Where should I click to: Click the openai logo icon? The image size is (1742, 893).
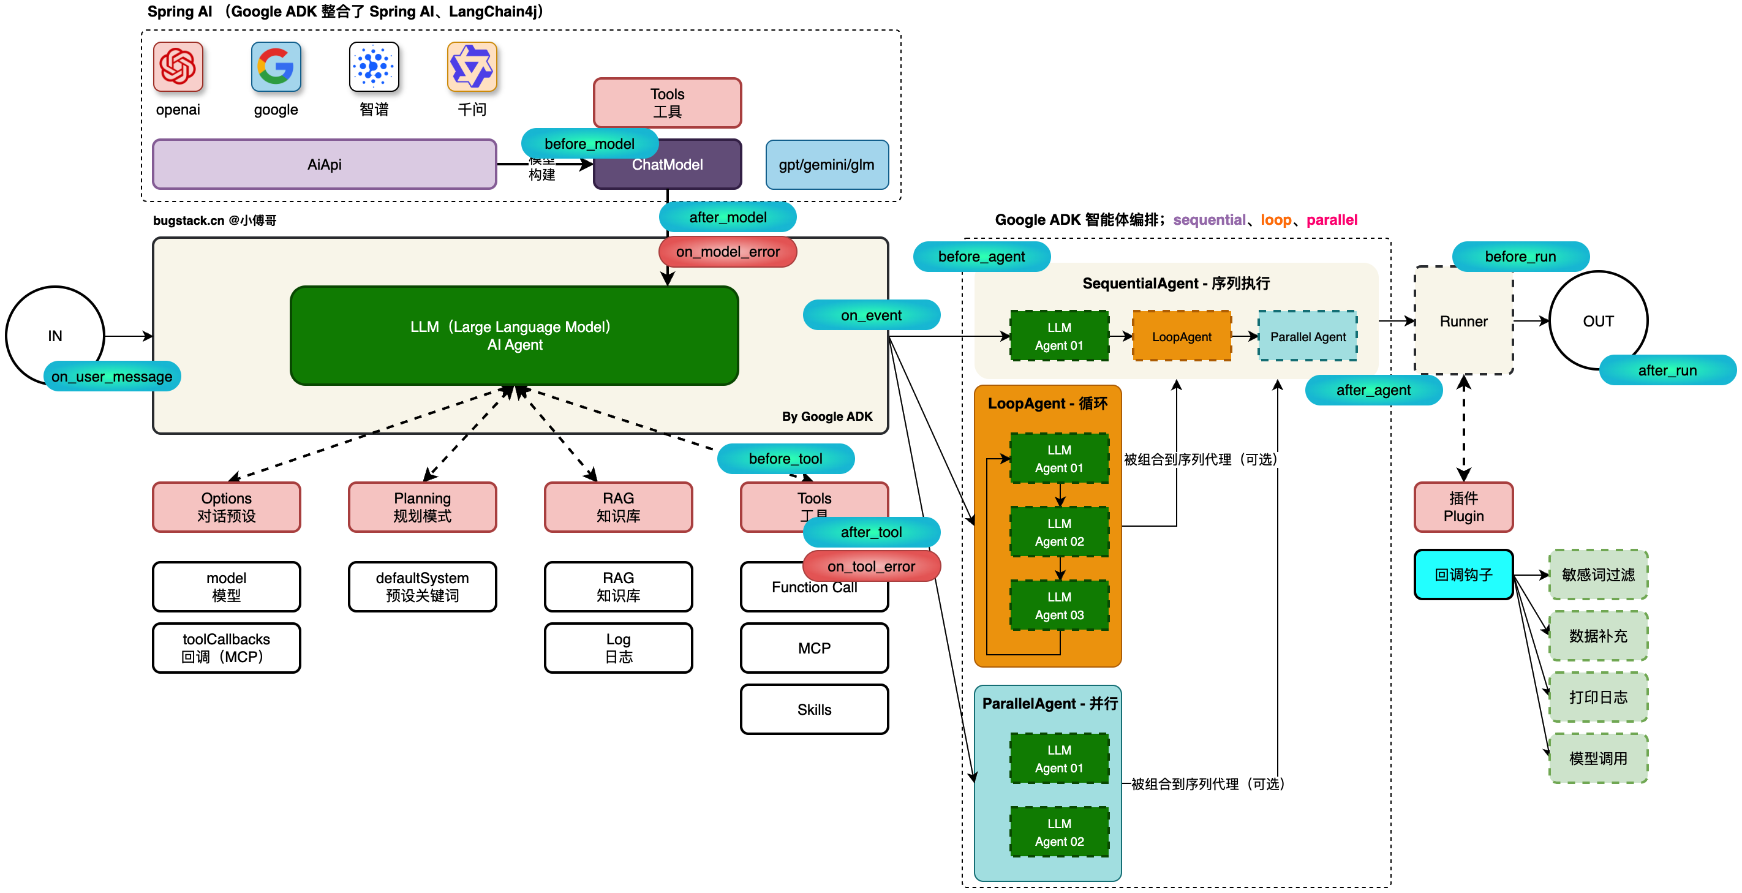[178, 67]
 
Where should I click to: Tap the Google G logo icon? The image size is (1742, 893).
[276, 67]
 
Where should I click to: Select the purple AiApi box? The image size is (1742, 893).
[324, 164]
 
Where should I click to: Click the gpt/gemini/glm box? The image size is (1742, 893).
[826, 165]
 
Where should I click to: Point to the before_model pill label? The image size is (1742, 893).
[589, 143]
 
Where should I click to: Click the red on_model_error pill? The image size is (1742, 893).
[728, 252]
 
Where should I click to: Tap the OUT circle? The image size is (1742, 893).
[1598, 321]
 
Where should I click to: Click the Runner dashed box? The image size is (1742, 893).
[1463, 321]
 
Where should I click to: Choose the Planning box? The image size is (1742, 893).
[422, 507]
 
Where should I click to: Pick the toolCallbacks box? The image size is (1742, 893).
[226, 647]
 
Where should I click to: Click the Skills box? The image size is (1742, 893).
[814, 709]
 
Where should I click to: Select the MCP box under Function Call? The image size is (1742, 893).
[814, 647]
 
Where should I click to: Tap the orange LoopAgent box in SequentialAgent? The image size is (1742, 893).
[1182, 336]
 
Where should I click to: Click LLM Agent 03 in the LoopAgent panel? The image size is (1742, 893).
[1059, 606]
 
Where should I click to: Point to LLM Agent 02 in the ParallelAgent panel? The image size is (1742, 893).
[1059, 832]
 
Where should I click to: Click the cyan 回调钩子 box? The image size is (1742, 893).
[1463, 575]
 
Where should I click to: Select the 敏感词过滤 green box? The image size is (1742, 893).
[1598, 575]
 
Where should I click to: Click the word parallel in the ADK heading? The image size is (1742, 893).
[1332, 220]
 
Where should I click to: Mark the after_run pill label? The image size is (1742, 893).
[1667, 370]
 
